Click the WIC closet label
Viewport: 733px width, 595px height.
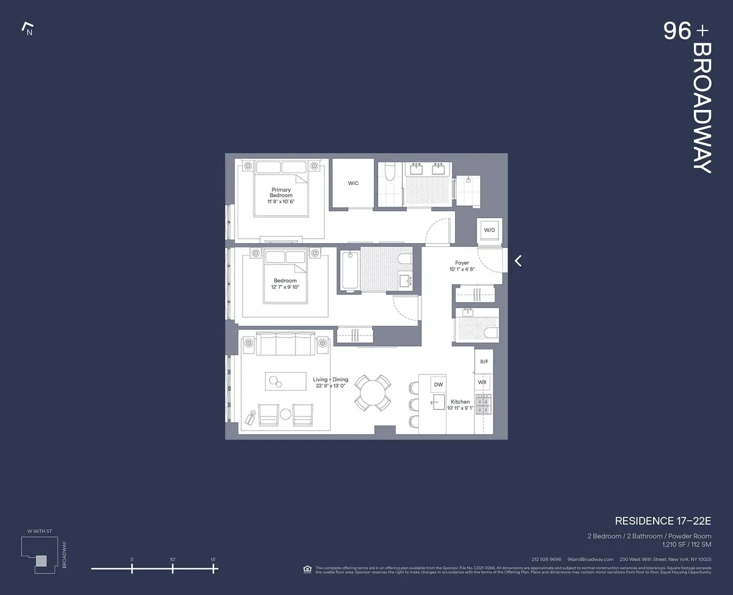pos(353,183)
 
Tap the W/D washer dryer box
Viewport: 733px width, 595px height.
pos(489,230)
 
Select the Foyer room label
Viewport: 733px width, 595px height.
pos(462,263)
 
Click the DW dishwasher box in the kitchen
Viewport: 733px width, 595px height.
pos(438,385)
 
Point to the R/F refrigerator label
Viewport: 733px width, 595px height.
pos(484,362)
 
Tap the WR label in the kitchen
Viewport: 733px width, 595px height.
pos(483,382)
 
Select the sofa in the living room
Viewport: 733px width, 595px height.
pos(285,344)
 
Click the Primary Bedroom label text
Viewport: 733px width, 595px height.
pos(281,192)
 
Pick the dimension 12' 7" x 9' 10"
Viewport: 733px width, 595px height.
pos(285,287)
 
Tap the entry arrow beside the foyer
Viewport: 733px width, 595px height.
pos(518,261)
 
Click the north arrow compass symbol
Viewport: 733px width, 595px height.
pos(27,29)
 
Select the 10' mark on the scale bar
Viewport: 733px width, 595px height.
pos(173,568)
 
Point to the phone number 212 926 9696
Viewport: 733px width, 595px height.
pos(546,559)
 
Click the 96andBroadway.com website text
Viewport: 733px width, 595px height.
pos(590,559)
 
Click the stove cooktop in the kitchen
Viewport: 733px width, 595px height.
pos(484,404)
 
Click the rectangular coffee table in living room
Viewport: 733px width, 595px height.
pos(286,381)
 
